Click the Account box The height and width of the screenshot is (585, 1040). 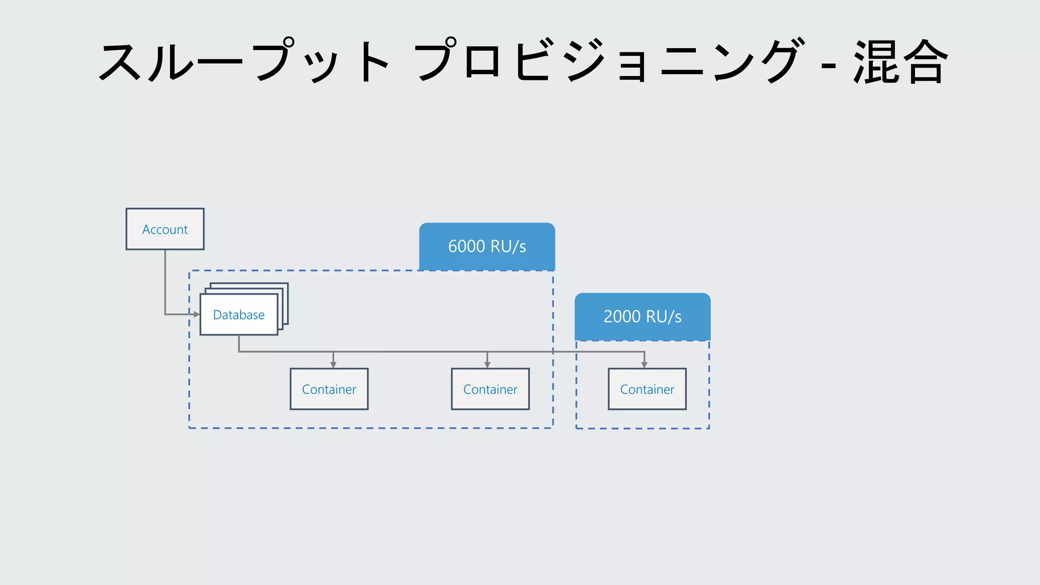click(165, 229)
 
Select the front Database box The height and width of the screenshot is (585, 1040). click(239, 315)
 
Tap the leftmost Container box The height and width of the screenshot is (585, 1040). click(329, 389)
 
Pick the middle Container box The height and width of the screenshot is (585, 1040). click(490, 389)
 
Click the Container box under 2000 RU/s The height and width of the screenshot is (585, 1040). click(647, 389)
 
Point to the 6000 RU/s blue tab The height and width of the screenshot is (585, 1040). click(487, 246)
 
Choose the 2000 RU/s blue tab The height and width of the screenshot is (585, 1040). click(642, 316)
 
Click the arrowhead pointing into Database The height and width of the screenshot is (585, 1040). click(197, 314)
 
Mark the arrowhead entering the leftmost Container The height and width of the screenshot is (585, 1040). click(333, 365)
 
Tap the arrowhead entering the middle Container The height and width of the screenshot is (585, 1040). click(487, 365)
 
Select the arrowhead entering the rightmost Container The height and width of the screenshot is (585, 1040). click(644, 365)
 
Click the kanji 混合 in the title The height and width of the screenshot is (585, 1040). click(900, 62)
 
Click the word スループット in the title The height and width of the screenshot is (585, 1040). click(244, 62)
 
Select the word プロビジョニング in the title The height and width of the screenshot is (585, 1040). click(609, 62)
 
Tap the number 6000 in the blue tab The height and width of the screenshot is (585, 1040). click(466, 246)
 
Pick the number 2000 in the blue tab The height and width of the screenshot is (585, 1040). click(622, 316)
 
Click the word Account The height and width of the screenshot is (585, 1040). click(165, 230)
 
